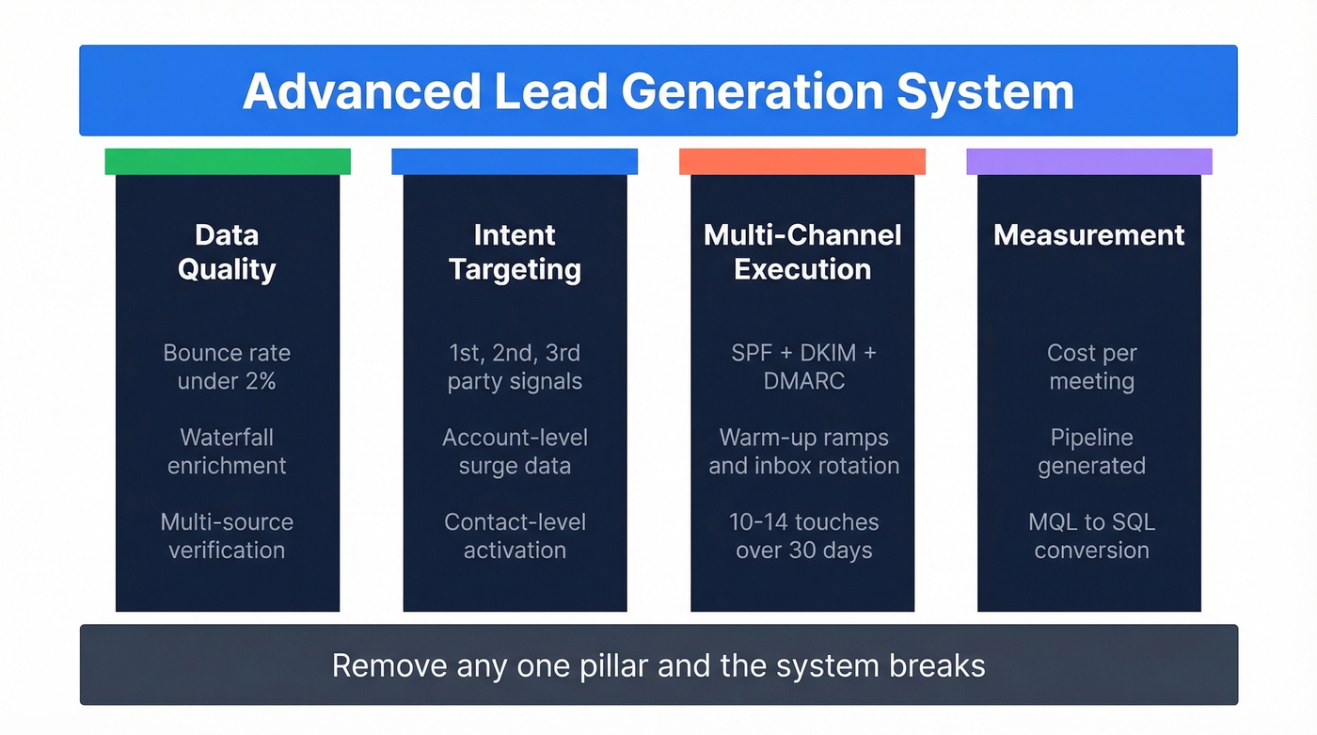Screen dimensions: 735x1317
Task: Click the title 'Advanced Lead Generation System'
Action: [658, 92]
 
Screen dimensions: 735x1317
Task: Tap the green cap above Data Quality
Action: [228, 161]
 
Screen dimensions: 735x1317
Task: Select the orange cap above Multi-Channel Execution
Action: [801, 161]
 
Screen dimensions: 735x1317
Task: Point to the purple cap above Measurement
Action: [1088, 161]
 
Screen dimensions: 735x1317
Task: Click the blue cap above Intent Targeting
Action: [515, 161]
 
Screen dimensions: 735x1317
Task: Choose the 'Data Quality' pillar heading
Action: [227, 252]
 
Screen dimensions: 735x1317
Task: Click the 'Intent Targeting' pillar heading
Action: [515, 252]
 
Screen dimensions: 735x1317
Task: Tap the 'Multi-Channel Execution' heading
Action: [802, 252]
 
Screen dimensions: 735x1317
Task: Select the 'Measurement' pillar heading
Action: [1089, 235]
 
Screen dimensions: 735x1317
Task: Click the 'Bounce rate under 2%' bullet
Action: [227, 367]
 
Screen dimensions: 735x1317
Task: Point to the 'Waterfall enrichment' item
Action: [227, 452]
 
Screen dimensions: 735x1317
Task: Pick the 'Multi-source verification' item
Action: [227, 535]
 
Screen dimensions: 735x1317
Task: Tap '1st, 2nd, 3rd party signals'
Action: [515, 367]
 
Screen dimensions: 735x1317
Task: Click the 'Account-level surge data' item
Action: [515, 452]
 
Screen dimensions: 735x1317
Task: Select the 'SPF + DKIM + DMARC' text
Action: [802, 367]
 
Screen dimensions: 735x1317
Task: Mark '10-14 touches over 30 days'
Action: [803, 535]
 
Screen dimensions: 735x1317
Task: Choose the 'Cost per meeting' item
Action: [1091, 367]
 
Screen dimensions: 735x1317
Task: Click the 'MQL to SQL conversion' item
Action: [1091, 535]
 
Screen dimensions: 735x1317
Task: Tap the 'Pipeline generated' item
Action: [1091, 452]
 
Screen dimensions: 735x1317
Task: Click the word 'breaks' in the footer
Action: [937, 666]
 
